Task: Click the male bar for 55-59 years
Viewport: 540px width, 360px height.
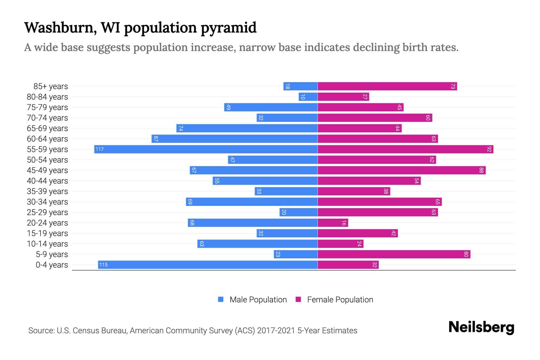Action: (206, 149)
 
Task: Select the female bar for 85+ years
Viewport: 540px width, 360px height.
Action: (387, 86)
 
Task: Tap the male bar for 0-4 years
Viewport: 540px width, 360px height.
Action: (208, 265)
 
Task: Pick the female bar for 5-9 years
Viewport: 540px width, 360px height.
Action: (394, 254)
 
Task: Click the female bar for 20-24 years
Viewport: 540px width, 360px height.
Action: (333, 223)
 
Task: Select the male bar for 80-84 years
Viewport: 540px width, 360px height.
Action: (308, 97)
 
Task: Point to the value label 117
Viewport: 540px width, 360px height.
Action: (100, 149)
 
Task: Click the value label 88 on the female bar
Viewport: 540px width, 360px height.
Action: (481, 170)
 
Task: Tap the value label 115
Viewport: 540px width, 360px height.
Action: (103, 265)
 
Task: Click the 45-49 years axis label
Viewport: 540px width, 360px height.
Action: (47, 170)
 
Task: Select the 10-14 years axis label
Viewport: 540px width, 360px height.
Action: (47, 244)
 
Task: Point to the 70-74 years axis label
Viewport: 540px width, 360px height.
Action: (47, 118)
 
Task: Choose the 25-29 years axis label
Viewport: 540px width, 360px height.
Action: (47, 212)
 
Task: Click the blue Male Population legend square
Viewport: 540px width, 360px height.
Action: (221, 299)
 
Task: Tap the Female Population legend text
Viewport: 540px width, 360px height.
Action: (340, 300)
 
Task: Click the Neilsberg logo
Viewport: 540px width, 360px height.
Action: (481, 328)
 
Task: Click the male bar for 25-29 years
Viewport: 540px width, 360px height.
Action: (298, 212)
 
